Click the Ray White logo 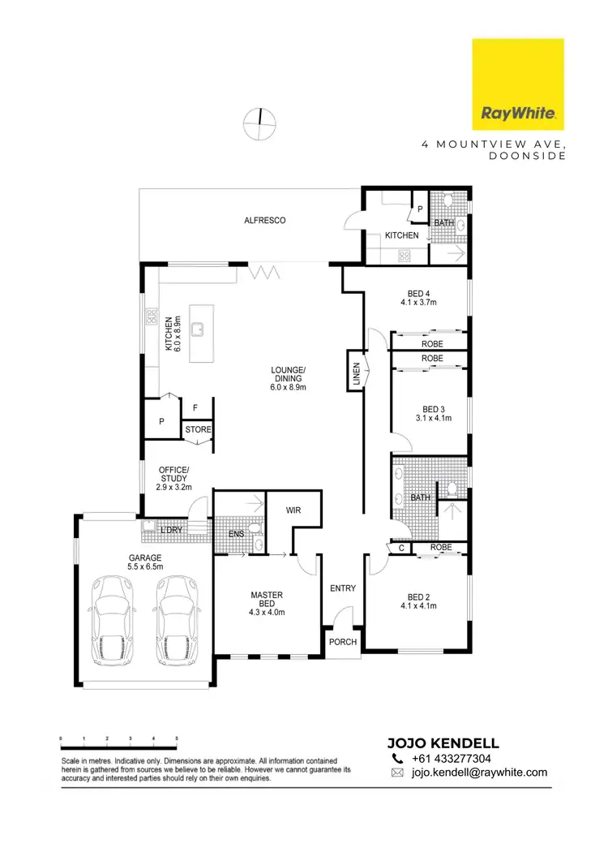point(518,85)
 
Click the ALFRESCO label point(265,221)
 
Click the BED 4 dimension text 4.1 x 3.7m point(418,304)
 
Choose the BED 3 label point(430,409)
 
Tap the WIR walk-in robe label point(294,511)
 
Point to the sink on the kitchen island point(197,329)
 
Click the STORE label point(198,429)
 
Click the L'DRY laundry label point(171,531)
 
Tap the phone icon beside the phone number point(397,758)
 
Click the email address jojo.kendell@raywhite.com point(480,773)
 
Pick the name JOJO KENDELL point(443,743)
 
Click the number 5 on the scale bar point(177,738)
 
